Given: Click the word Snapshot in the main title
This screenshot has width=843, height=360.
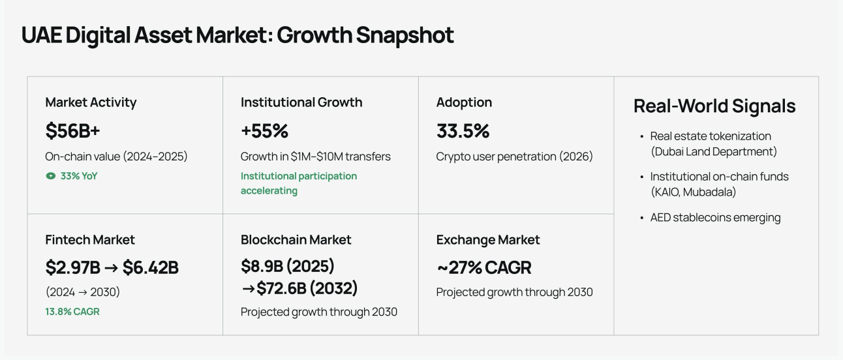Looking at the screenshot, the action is point(405,36).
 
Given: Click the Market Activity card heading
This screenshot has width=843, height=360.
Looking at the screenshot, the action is point(91,102).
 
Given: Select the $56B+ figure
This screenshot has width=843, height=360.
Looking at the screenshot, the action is point(72,131).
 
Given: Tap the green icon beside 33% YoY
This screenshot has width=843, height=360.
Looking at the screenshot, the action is point(50,176).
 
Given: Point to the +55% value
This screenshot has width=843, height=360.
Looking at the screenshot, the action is point(264,131).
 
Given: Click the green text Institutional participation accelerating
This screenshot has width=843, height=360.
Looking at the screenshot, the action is point(299,183).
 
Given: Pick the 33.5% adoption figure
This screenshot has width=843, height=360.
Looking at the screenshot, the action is point(463,131).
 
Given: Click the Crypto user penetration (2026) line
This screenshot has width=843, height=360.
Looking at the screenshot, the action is point(514,157).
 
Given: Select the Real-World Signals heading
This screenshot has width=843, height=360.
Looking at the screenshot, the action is point(714,106).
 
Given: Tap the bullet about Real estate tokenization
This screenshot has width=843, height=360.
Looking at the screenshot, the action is point(711,143).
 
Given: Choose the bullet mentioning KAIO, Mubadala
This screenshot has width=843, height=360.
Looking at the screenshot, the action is point(714,185).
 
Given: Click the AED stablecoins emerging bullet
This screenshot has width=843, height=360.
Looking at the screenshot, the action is point(711,217).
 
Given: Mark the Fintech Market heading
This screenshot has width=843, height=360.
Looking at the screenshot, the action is point(90,239).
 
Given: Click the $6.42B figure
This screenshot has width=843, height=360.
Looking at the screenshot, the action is point(151,267).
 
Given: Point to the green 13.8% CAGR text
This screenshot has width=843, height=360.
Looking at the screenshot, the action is point(72,312).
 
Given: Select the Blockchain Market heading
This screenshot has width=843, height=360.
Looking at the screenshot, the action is point(296,239).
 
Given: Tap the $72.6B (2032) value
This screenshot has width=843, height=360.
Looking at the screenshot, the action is point(307,288).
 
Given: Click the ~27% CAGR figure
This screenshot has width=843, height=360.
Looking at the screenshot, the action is point(484,267).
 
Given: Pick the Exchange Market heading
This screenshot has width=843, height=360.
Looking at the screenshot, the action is point(488,239).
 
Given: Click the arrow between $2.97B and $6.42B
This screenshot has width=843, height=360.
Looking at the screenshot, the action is point(111,268).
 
